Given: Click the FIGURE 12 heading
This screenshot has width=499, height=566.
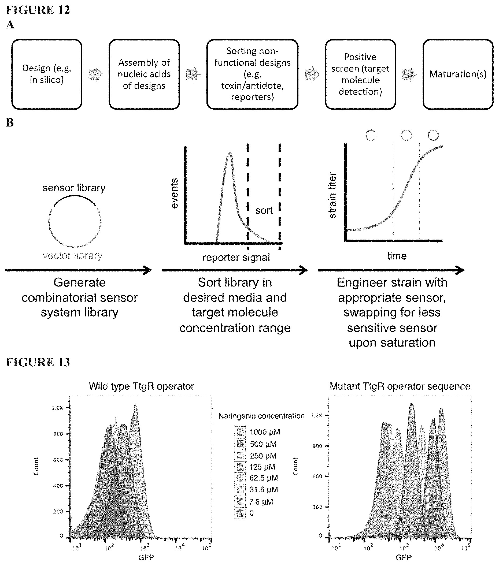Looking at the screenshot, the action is (38, 10).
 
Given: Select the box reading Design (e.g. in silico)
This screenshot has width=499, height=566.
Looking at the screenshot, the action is (47, 74).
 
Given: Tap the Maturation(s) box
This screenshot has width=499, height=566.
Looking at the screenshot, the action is (458, 74).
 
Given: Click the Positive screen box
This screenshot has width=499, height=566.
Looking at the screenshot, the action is (360, 74).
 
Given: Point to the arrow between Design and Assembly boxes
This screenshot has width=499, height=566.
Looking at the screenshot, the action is (95, 74).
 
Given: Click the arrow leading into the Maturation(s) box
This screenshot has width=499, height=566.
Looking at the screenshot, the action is (409, 74).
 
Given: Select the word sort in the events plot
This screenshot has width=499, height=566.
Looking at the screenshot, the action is (264, 211).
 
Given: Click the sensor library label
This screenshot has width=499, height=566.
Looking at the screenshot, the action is (74, 188).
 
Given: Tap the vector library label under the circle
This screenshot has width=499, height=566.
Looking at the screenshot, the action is (73, 255).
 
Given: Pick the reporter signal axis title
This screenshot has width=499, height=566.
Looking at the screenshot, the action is (236, 258).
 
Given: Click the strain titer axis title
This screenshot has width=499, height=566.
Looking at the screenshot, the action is (332, 195).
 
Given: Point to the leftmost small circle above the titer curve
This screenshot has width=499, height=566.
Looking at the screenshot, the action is (371, 135).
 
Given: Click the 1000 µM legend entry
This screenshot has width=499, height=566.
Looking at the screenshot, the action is (258, 432).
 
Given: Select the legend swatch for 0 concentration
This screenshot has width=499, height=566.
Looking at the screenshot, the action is (240, 513).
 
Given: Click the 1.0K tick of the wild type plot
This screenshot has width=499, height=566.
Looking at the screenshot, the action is (58, 408).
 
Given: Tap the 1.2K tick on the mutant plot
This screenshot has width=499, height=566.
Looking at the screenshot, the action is (317, 416).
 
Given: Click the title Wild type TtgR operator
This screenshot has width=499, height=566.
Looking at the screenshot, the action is (141, 386).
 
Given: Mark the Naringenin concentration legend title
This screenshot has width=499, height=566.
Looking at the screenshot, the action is (261, 416).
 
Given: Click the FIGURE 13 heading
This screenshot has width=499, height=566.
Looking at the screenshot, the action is (38, 362).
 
